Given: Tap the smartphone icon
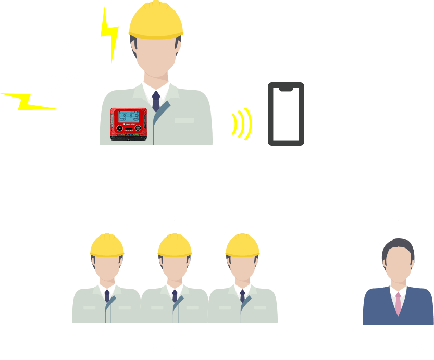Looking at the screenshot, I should point(286,114).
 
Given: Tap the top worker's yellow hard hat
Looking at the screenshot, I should point(156,21).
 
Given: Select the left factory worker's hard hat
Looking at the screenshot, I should point(107,244).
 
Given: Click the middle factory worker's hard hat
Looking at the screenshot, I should point(175,244).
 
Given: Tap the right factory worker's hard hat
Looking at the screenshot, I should point(242,244).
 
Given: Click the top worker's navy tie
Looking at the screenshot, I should point(156,102).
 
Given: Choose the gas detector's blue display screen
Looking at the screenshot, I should point(127,118).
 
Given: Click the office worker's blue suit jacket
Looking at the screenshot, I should point(380,310).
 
